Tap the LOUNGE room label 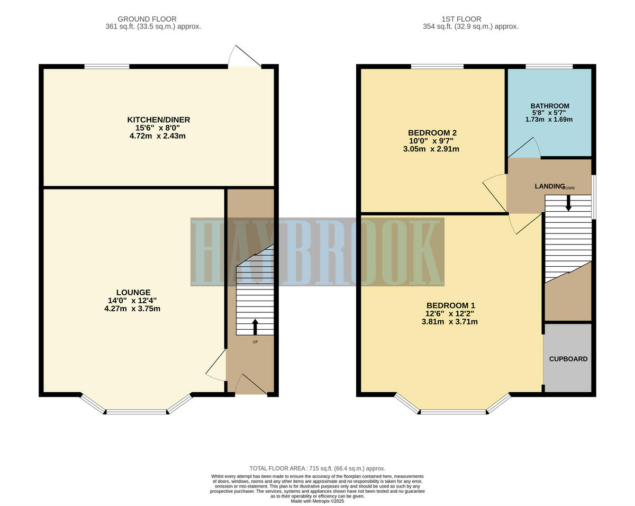tap(133, 292)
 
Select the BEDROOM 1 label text tap(450, 305)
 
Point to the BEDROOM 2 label tap(432, 132)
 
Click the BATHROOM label tap(550, 106)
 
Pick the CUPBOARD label tap(568, 359)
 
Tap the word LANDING tap(549, 186)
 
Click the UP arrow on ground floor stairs tap(255, 327)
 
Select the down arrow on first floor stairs tap(568, 203)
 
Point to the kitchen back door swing tap(243, 57)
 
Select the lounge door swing tap(216, 366)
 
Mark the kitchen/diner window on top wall tap(107, 66)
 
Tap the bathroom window tap(549, 66)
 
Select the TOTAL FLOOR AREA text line tap(317, 468)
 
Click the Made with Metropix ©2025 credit tap(317, 501)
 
